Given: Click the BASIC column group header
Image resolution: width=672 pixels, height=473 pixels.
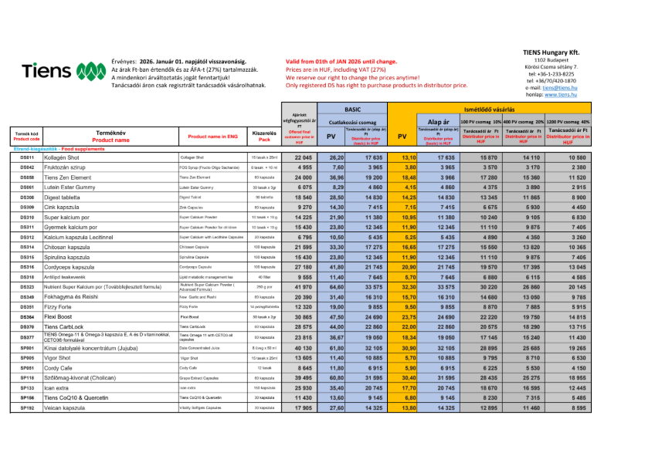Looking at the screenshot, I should click(351, 110).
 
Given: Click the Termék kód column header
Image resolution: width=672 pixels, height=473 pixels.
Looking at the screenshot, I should click(26, 136).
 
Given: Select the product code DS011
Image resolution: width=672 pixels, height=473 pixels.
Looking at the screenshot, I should click(26, 157).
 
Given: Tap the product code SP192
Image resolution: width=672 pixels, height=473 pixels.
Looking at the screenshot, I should click(26, 407).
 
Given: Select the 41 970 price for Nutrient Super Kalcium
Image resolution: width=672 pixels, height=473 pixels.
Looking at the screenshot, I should click(304, 286).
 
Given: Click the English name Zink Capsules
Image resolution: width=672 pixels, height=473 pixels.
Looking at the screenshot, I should click(194, 207).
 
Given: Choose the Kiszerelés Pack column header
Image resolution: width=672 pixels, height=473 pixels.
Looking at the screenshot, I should click(264, 136).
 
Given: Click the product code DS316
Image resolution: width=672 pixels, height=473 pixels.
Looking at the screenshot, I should click(26, 266).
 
